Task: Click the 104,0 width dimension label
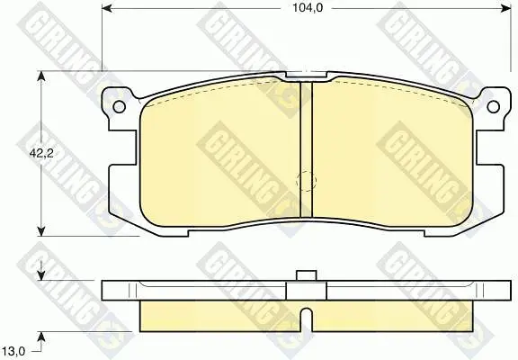[308, 8]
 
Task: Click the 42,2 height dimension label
[41, 153]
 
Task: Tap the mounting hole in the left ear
[119, 106]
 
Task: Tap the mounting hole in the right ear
[493, 106]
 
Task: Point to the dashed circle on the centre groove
[307, 181]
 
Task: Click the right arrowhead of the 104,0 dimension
[505, 9]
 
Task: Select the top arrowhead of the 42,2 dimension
[41, 76]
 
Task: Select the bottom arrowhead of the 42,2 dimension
[41, 230]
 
